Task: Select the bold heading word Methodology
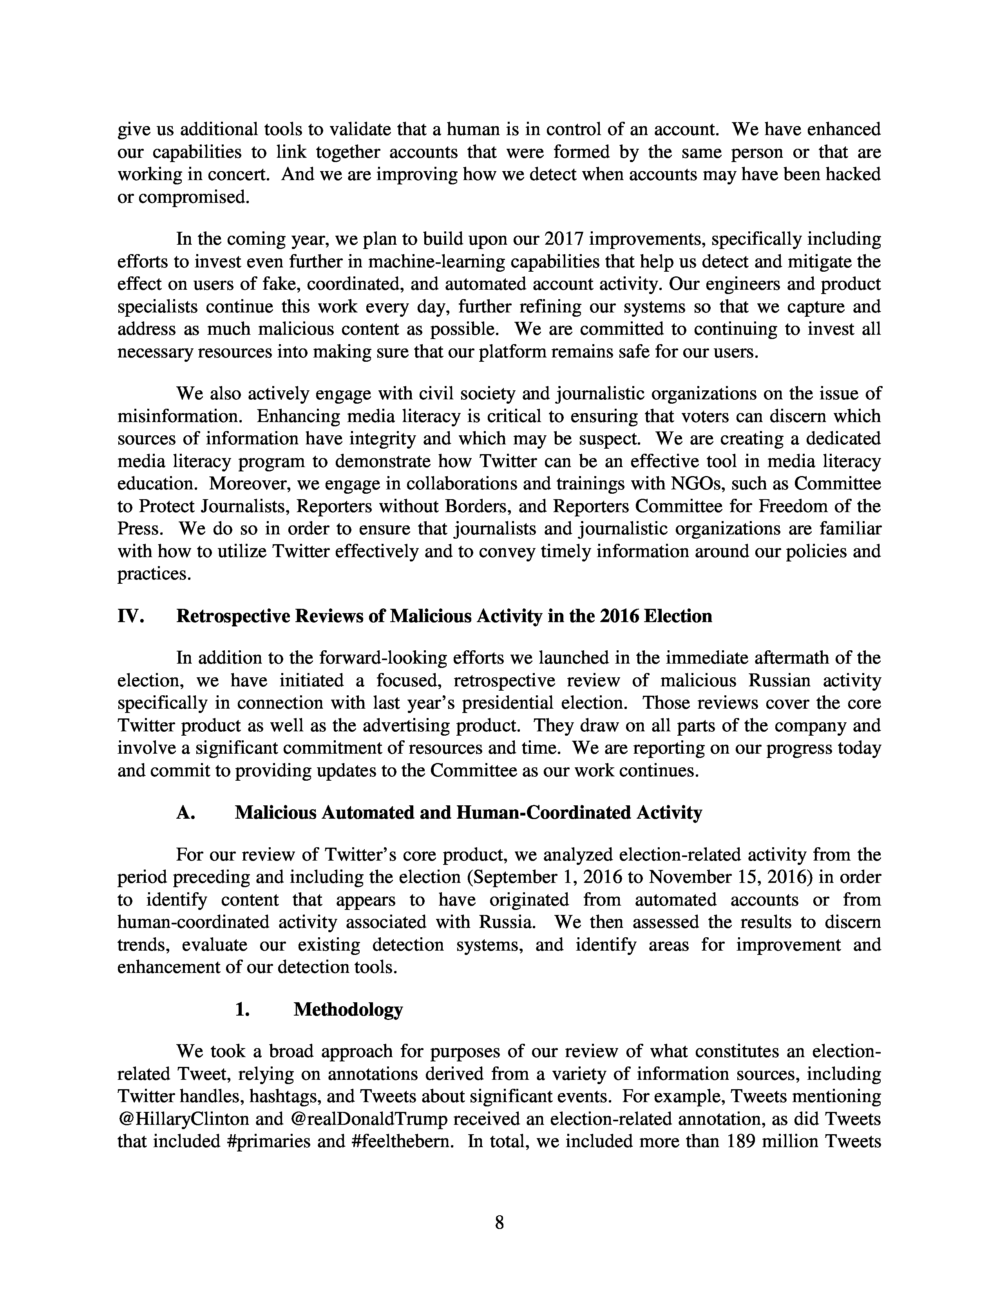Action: click(x=348, y=1009)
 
